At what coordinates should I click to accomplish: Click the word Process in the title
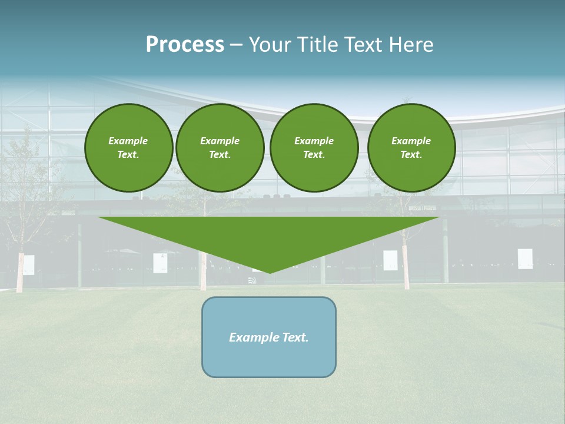(185, 45)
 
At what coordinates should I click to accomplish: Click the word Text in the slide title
(362, 45)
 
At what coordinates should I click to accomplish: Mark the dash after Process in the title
(236, 45)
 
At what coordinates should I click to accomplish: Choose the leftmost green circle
(129, 148)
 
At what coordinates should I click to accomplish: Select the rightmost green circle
(411, 148)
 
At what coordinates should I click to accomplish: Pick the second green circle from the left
(220, 148)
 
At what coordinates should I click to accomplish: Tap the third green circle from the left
(314, 148)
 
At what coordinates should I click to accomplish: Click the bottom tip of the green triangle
(270, 272)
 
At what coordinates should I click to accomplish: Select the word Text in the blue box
(295, 337)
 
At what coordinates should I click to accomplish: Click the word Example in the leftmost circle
(128, 141)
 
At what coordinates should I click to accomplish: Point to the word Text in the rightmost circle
(411, 155)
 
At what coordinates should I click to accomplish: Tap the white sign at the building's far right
(525, 259)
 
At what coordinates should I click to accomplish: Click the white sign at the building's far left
(28, 264)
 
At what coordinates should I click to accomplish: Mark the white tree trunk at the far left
(19, 273)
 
